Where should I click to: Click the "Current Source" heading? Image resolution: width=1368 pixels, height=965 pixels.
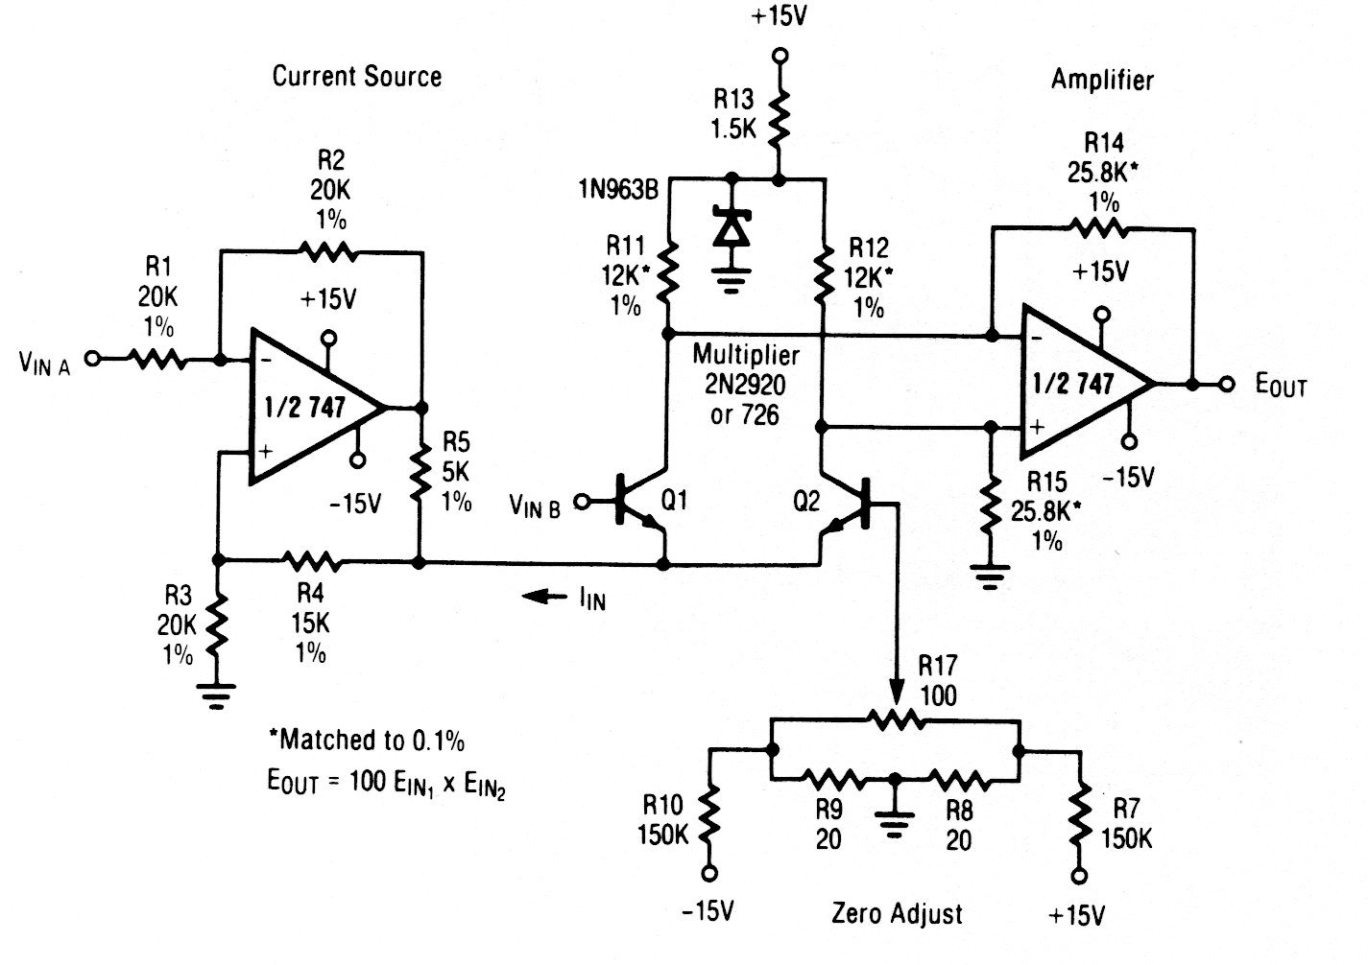357,77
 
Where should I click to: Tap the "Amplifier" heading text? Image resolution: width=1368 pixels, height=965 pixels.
1102,80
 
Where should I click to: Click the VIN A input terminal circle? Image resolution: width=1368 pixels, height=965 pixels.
92,360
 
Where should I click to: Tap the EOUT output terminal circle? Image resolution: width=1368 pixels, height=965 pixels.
1226,384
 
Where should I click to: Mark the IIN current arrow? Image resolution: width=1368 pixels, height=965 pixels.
544,597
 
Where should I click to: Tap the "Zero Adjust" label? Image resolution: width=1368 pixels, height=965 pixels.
896,912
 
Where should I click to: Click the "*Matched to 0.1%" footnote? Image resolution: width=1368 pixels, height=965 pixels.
367,740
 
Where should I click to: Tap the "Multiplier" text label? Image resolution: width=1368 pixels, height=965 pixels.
746,355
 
